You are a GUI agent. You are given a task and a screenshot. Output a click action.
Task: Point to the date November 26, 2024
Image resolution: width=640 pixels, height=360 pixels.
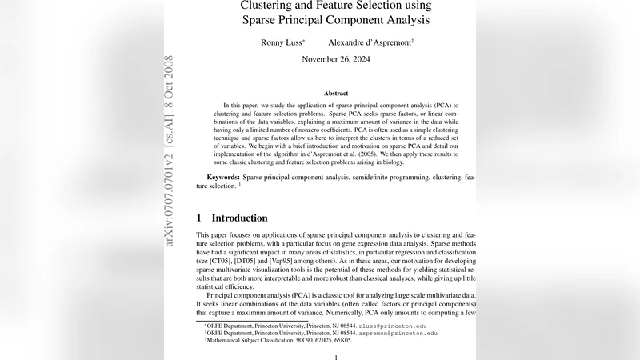click(x=336, y=59)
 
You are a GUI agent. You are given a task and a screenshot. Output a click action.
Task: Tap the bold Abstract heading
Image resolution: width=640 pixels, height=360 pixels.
click(x=336, y=94)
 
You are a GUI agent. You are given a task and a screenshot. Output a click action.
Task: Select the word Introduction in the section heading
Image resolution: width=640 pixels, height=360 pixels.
click(x=239, y=218)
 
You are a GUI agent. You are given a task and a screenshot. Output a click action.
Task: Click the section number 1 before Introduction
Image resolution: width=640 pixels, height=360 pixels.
click(x=199, y=218)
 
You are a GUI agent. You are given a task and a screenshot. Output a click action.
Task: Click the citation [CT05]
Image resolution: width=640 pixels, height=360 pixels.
click(x=221, y=261)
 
